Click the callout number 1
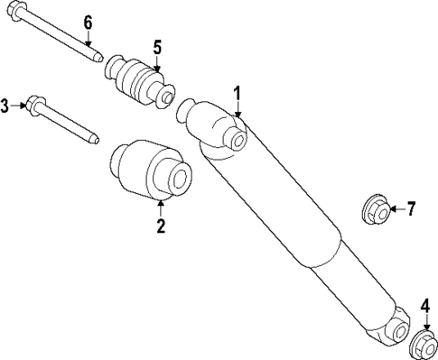tap(238, 92)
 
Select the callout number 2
tap(161, 226)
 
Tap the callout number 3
tap(5, 106)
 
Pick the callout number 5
tap(156, 47)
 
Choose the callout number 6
tap(88, 22)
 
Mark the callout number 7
tap(410, 210)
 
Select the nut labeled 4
tap(424, 346)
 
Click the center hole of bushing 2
tap(179, 179)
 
